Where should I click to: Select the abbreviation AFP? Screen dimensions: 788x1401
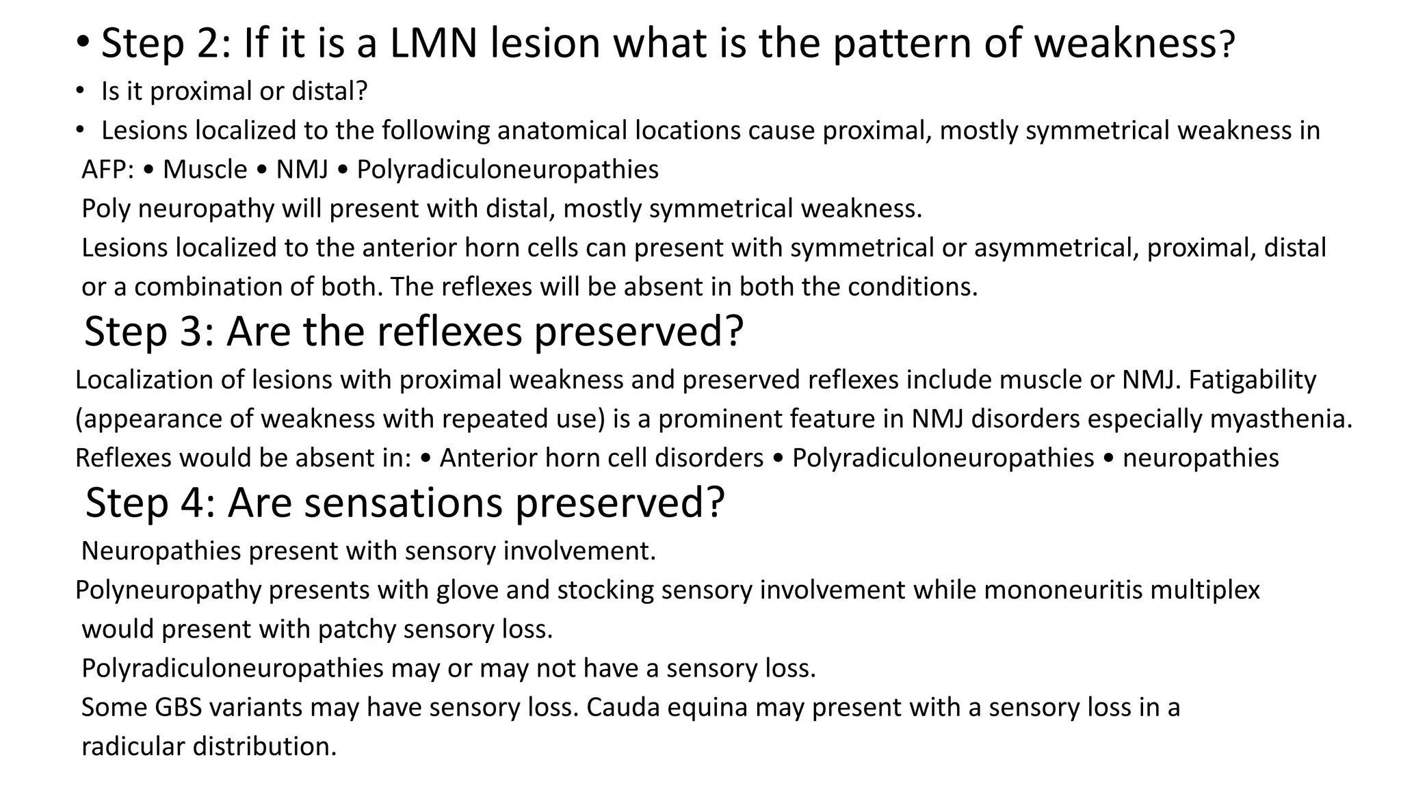[107, 170]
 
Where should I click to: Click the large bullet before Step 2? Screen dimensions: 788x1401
[83, 42]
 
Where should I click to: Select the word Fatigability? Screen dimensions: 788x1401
[1252, 380]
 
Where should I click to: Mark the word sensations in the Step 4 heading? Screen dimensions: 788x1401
[404, 502]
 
